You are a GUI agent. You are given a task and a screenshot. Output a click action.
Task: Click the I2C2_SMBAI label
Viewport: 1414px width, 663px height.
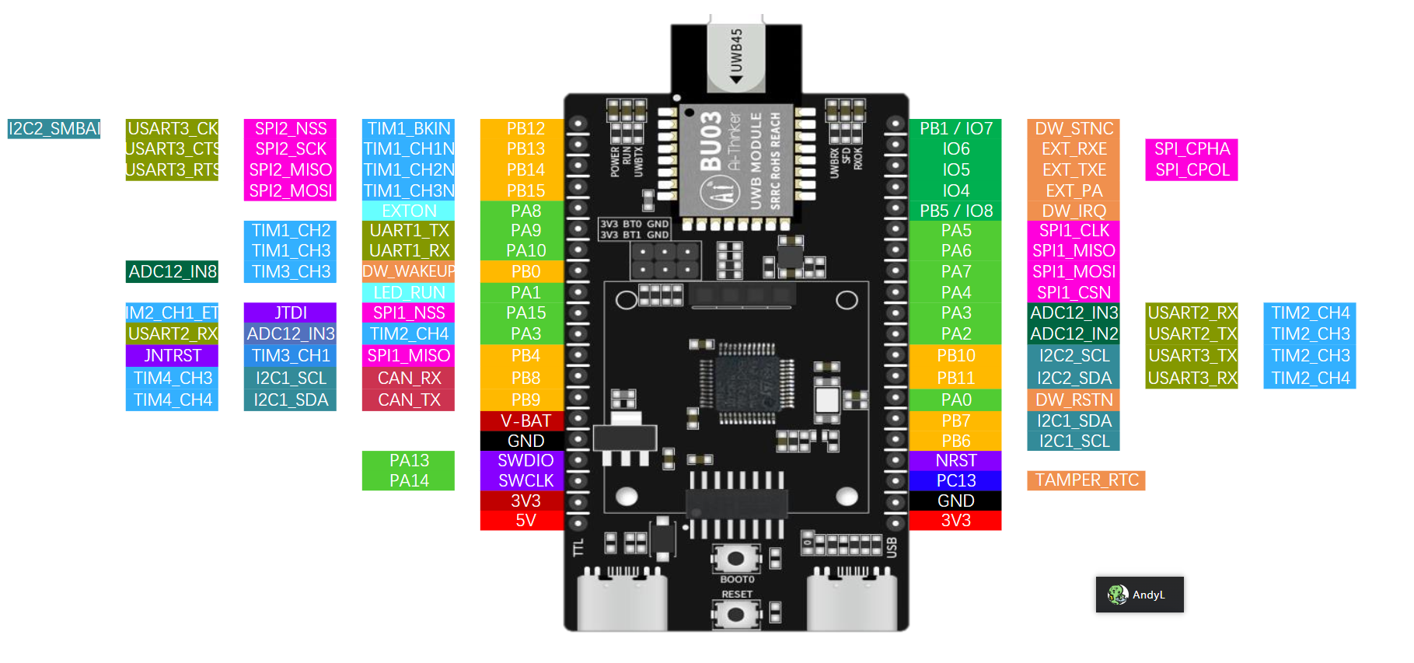(54, 129)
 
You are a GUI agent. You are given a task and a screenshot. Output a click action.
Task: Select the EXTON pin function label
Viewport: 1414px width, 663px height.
(409, 211)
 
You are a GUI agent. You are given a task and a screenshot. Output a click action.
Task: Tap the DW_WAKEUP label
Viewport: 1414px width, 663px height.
(409, 271)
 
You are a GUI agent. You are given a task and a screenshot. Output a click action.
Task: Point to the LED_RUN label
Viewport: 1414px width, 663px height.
(409, 292)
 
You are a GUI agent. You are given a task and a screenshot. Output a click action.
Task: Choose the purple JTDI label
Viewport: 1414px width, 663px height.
(290, 312)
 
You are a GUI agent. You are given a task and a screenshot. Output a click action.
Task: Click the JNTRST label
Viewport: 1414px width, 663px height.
(172, 355)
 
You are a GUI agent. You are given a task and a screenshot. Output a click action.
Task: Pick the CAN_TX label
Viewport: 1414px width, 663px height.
(409, 400)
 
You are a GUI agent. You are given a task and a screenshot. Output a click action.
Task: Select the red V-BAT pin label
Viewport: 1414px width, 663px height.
(525, 420)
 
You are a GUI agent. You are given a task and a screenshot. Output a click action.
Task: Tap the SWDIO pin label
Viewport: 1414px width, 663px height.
(525, 460)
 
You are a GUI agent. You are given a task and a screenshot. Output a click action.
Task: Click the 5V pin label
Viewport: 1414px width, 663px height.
(525, 520)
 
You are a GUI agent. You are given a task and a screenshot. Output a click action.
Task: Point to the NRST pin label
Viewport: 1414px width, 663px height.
(955, 460)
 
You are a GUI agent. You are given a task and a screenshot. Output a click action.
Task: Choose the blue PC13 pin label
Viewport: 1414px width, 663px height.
(955, 480)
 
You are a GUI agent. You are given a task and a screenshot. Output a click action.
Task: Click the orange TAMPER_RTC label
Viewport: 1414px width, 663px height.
(1086, 480)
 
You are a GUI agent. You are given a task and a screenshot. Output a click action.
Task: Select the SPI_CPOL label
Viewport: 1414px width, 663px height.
(1192, 169)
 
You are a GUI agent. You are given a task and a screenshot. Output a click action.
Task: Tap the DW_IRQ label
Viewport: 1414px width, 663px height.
(1074, 211)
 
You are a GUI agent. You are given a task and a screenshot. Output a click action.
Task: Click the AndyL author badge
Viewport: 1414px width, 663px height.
(1140, 595)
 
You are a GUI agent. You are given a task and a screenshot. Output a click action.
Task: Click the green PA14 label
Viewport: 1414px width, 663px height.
(409, 480)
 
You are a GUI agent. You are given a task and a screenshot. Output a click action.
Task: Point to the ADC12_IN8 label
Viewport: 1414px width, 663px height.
(172, 271)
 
